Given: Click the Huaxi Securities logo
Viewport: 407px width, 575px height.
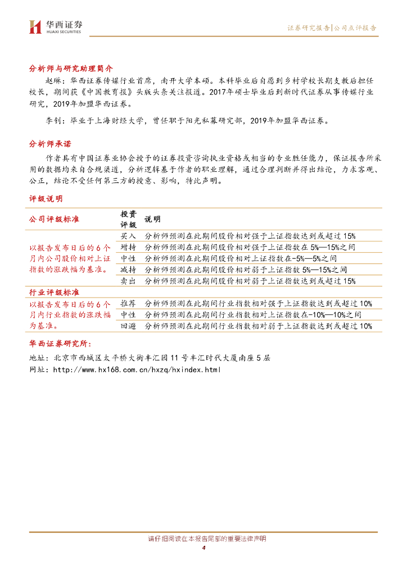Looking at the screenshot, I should tap(55, 26).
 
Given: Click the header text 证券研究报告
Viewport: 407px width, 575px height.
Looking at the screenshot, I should tap(309, 28).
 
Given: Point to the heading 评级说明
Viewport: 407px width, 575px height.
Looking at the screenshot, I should tap(46, 199).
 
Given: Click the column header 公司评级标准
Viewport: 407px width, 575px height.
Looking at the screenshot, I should tap(54, 219).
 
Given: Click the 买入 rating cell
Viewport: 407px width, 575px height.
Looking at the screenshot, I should tap(128, 236).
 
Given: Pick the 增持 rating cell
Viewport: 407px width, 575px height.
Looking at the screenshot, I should tap(128, 247).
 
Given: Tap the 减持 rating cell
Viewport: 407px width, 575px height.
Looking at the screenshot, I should tap(128, 270).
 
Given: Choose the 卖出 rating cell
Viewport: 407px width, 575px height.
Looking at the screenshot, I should tap(128, 281).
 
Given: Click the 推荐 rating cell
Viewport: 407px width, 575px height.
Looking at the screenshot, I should tap(128, 304).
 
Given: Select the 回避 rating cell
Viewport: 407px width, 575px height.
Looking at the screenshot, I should tap(128, 326).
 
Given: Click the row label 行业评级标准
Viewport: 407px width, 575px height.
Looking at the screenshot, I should tap(54, 293).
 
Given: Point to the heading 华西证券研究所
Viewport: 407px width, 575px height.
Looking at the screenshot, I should tap(60, 344).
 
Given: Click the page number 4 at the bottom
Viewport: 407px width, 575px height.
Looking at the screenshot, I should tap(203, 548).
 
